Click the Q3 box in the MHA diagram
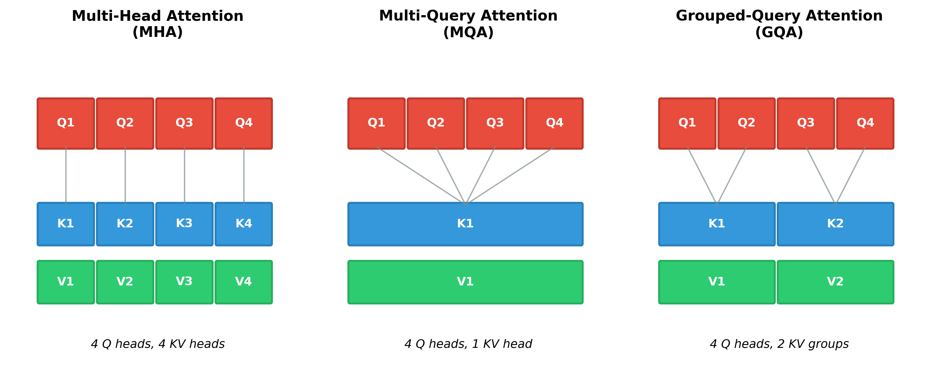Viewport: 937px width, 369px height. [185, 123]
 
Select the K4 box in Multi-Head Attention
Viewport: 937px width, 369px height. [244, 224]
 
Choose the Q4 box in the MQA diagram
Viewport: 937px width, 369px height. [554, 123]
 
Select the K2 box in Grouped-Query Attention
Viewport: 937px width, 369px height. [835, 224]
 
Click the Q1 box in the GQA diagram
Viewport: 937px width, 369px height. [687, 123]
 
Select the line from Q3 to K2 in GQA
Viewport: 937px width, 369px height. [821, 175]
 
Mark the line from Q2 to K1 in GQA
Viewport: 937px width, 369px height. [732, 175]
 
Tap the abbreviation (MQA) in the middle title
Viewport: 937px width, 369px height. [468, 33]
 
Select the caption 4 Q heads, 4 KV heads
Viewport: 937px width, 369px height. [157, 344]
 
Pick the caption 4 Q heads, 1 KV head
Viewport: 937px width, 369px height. [468, 344]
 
